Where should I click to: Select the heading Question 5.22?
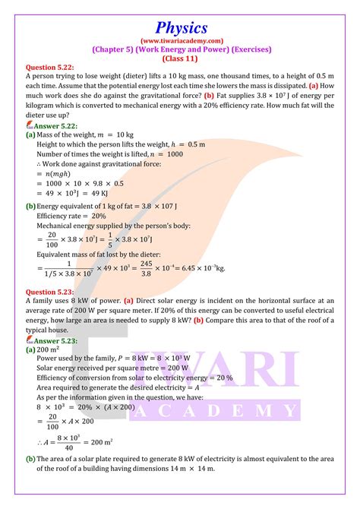51,66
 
